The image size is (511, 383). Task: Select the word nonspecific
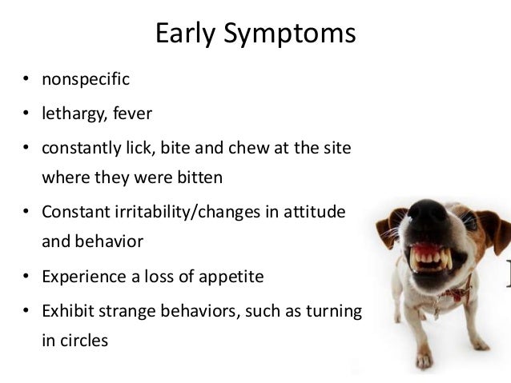coord(86,80)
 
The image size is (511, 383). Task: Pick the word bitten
coord(195,177)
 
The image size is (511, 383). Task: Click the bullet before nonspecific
coord(26,81)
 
